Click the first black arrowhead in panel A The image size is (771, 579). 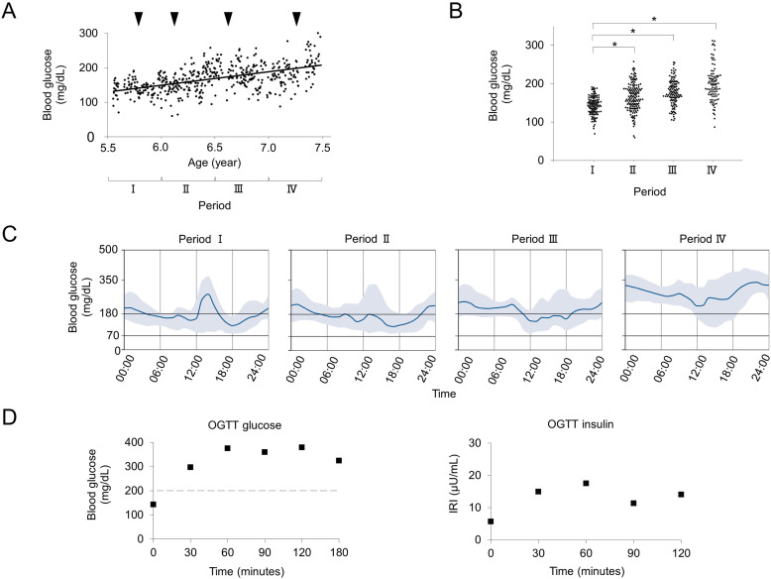coord(139,19)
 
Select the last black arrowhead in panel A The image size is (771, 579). coord(296,19)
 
